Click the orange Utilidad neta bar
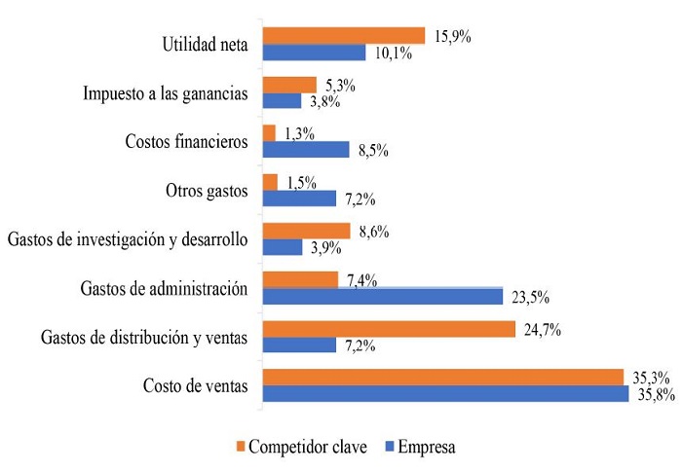coord(344,36)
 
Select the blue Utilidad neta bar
coord(315,53)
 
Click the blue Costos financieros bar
coord(306,150)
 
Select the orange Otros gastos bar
coord(271,182)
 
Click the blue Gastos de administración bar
coord(383,296)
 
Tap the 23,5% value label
coord(529,298)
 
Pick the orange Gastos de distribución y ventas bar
coord(389,329)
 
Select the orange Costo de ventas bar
coord(443,377)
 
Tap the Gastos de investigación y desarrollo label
coord(128,238)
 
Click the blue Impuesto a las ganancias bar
coord(283,101)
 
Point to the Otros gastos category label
coord(208,190)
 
